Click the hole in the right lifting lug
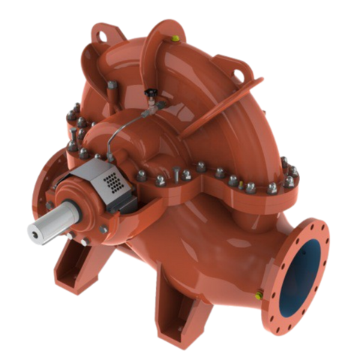(x=243, y=74)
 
